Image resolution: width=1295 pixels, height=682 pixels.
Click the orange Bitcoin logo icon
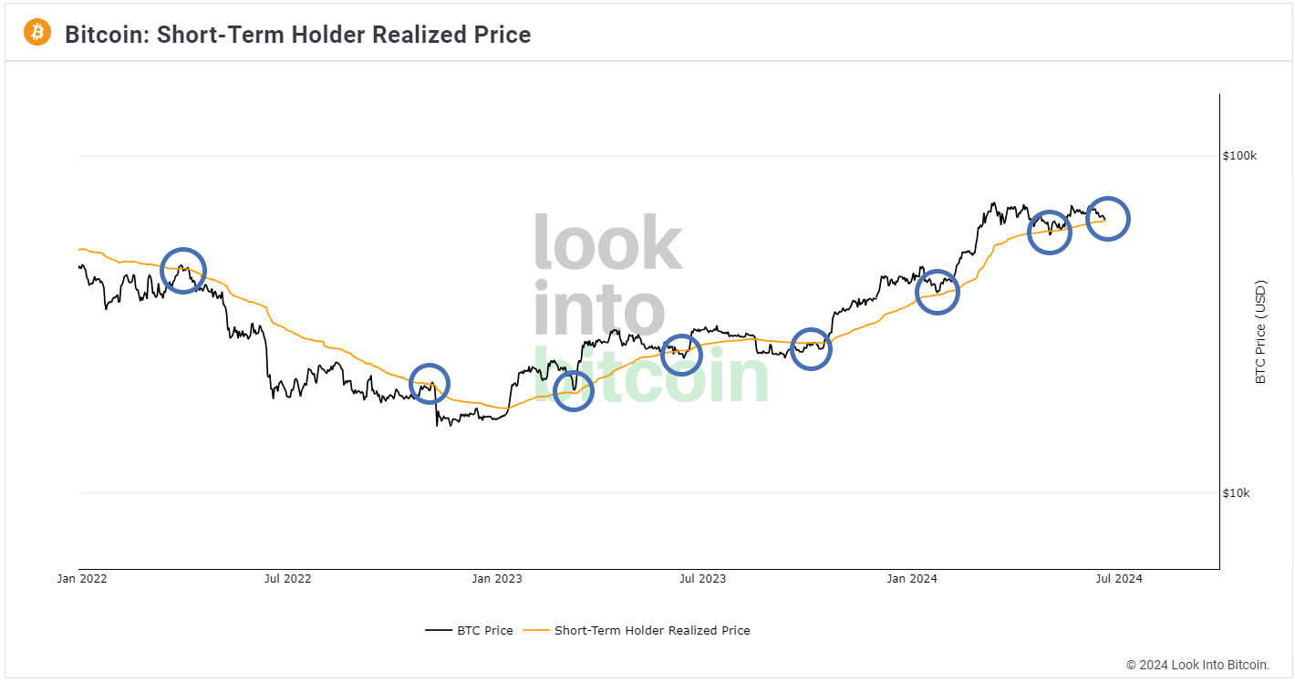[x=37, y=33]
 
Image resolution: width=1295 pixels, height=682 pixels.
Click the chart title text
[x=297, y=35]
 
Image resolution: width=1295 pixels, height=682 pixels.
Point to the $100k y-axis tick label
[x=1239, y=156]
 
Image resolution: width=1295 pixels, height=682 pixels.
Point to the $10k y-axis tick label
[x=1237, y=493]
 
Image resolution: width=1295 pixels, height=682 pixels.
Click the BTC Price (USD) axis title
[x=1261, y=332]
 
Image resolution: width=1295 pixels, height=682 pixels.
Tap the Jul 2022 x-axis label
[x=287, y=578]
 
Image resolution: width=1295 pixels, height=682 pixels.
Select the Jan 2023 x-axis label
[x=496, y=578]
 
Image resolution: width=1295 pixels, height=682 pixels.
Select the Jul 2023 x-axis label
[x=703, y=578]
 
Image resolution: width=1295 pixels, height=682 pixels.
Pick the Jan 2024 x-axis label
[x=912, y=578]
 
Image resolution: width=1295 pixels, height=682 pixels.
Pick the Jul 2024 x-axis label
[x=1118, y=578]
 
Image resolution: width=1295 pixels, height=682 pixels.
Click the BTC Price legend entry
[x=470, y=630]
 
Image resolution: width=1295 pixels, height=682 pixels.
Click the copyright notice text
[x=1197, y=665]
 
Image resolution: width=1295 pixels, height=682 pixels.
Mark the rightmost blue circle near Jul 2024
[x=1108, y=219]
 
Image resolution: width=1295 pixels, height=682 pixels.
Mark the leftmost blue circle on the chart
[x=183, y=271]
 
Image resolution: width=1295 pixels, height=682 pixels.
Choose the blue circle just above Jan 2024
[x=938, y=292]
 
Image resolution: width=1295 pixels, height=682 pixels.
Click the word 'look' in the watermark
[x=607, y=243]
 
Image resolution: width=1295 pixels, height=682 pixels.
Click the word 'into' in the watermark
[x=598, y=310]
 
